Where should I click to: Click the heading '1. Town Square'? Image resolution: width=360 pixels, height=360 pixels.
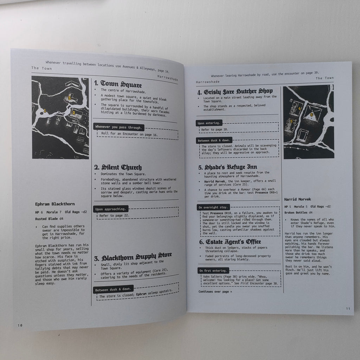click(x=118, y=84)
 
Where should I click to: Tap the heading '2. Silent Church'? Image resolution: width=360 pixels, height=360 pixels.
click(x=118, y=167)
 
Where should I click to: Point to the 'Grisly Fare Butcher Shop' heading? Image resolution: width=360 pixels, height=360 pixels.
click(x=235, y=91)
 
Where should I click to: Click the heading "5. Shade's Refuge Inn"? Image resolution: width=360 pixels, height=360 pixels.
click(x=227, y=167)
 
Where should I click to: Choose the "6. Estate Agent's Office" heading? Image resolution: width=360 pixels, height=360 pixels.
click(x=230, y=242)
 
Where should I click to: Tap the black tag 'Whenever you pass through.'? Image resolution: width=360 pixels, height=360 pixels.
click(x=119, y=127)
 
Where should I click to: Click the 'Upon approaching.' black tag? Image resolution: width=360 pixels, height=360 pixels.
click(x=111, y=209)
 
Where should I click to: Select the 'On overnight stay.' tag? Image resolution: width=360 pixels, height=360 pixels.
click(x=213, y=207)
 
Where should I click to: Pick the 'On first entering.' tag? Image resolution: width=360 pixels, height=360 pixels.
click(x=213, y=270)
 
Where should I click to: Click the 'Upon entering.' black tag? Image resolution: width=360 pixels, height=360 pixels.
click(x=209, y=123)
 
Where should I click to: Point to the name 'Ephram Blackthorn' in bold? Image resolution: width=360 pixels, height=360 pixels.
click(x=55, y=204)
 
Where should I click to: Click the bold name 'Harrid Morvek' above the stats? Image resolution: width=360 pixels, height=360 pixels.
click(x=297, y=199)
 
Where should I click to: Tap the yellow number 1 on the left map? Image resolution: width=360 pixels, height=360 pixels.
click(x=45, y=111)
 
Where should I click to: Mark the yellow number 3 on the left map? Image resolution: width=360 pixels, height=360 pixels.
click(x=69, y=98)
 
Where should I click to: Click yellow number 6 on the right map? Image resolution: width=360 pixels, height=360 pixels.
click(x=311, y=115)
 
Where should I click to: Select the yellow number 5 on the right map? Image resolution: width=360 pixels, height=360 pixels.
click(x=291, y=121)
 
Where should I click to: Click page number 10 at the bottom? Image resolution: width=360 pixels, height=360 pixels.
click(x=20, y=325)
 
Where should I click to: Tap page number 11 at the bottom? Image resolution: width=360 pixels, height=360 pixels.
click(x=348, y=309)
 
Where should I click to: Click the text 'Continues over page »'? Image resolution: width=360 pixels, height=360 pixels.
click(x=215, y=291)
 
